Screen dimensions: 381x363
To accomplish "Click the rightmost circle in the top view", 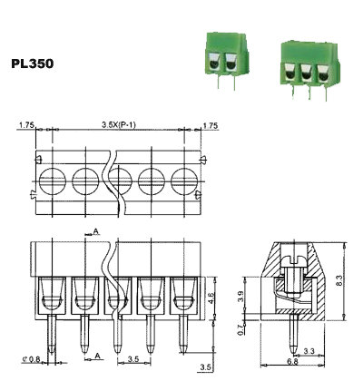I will pos(184,175).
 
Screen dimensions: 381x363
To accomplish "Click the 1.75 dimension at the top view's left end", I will pos(25,125).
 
